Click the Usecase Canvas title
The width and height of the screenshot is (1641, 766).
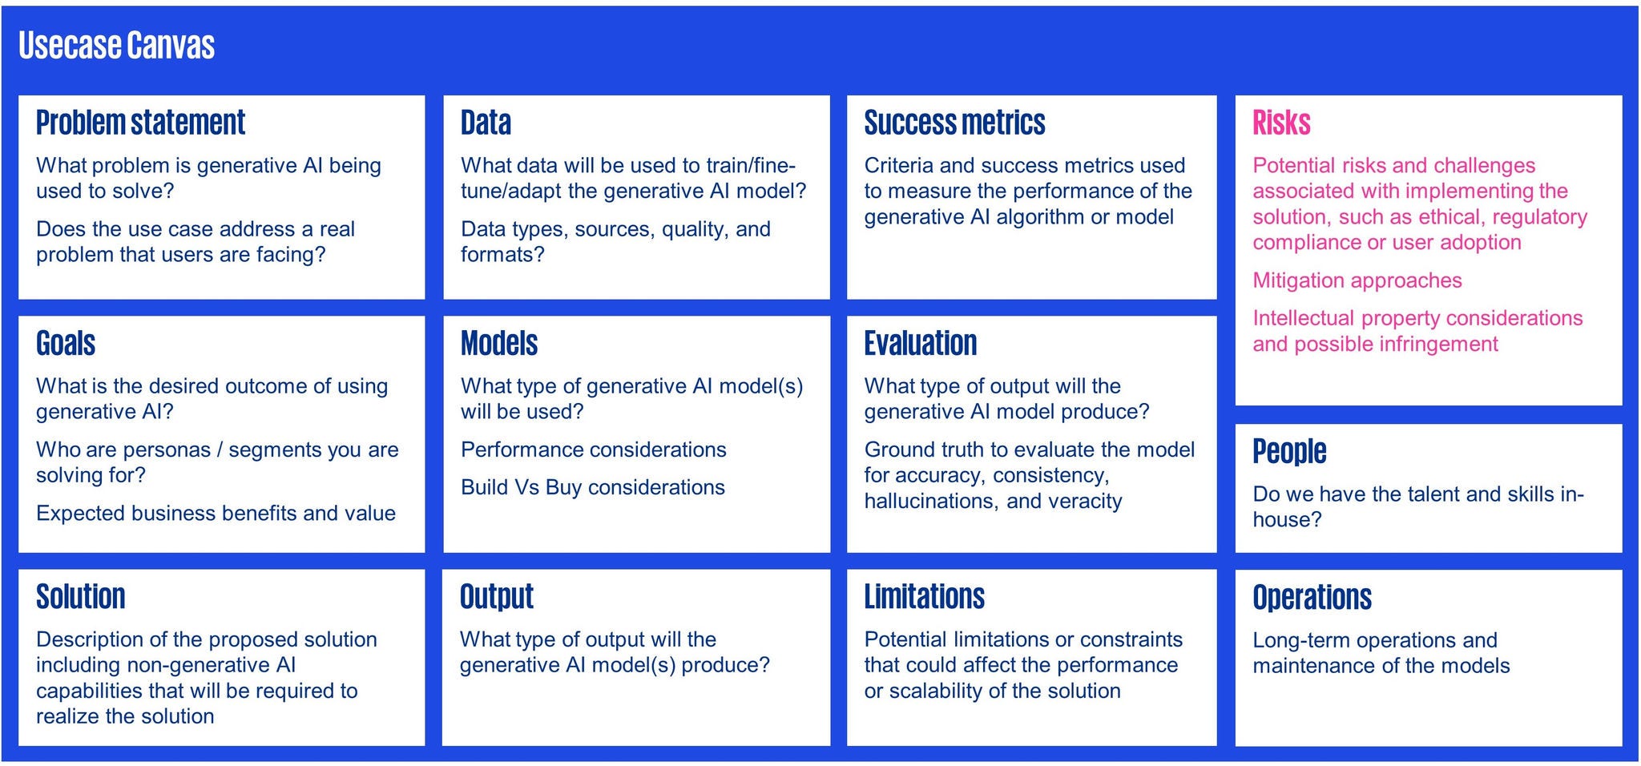point(116,46)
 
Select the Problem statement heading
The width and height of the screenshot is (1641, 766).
point(140,123)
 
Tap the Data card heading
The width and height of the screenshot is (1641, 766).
point(486,123)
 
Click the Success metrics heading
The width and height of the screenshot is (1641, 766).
point(954,123)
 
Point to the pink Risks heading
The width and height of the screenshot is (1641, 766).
point(1281,123)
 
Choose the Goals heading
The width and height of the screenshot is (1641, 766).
point(66,343)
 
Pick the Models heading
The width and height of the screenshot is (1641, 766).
point(499,343)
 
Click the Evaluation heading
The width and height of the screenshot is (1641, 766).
point(921,343)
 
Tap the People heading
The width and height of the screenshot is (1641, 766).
point(1289,451)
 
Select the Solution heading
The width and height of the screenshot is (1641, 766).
point(81,596)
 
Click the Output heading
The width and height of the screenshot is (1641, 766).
point(497,596)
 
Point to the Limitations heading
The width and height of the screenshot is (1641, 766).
point(924,596)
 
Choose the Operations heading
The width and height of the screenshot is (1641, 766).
point(1312,597)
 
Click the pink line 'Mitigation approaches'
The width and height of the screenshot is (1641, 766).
point(1357,280)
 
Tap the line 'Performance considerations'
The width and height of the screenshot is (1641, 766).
point(594,450)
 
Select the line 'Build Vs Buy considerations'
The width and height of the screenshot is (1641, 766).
point(593,487)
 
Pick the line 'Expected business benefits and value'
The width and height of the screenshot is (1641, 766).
point(216,513)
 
